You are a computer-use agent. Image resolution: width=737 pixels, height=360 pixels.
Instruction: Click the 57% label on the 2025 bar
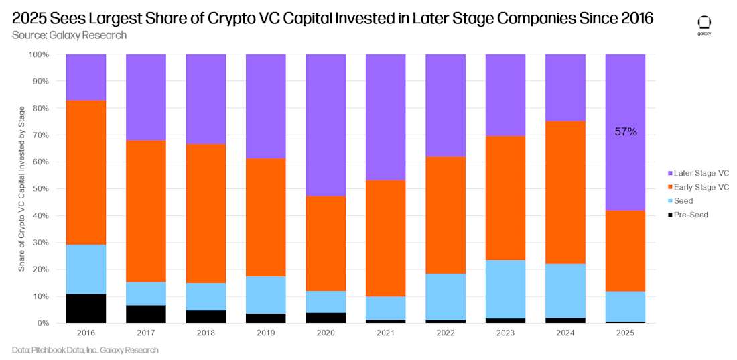(x=626, y=133)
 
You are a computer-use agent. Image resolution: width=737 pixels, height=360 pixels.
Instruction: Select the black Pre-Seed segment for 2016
(x=86, y=308)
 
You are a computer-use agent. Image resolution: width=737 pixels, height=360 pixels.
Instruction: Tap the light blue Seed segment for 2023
(x=505, y=289)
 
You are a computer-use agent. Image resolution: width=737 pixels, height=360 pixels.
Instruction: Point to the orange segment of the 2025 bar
(x=625, y=251)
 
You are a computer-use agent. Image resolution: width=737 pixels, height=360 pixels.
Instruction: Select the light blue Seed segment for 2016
(x=86, y=269)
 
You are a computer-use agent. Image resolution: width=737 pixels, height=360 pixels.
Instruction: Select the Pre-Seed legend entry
(x=690, y=215)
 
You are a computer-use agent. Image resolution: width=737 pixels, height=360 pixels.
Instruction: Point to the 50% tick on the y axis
(x=40, y=188)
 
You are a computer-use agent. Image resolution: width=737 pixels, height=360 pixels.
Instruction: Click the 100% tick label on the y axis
(x=38, y=54)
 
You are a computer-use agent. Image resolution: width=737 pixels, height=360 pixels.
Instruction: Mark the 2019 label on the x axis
(x=265, y=333)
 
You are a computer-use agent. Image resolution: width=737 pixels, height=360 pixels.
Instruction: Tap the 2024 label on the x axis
(x=565, y=333)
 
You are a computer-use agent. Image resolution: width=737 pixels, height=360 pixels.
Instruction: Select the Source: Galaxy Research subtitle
(x=69, y=35)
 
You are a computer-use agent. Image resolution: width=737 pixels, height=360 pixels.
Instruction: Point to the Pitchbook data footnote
(x=85, y=350)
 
